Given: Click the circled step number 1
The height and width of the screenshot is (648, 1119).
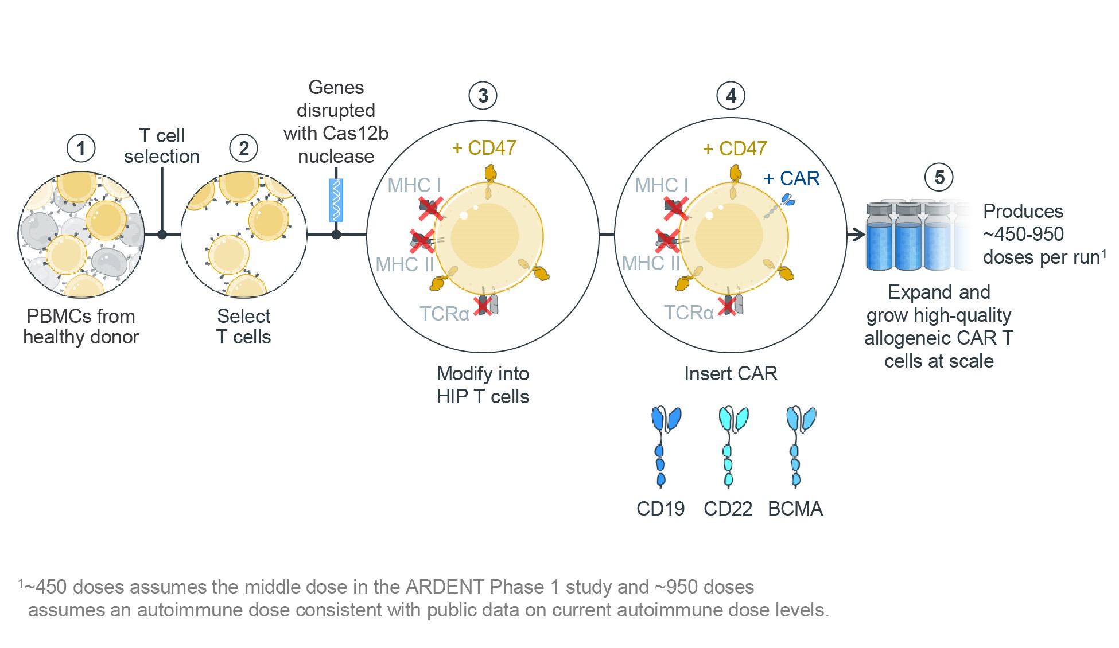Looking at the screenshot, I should tap(81, 149).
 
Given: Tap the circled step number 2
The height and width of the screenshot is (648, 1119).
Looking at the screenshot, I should tap(244, 149).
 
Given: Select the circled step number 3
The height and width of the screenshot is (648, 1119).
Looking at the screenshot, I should tap(483, 96).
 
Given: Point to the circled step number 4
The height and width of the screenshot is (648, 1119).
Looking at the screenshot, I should tap(731, 96).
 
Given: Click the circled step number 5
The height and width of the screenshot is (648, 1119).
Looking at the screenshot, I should tap(939, 177).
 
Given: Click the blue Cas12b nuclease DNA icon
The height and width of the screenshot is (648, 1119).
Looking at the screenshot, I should tap(336, 200).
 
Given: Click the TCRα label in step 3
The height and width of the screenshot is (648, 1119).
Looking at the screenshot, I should tap(444, 314).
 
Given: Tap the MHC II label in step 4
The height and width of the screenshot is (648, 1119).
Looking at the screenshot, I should tap(651, 264).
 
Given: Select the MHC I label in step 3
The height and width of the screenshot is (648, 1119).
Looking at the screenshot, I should tap(414, 185).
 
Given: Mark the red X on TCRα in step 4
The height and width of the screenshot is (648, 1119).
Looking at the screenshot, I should tap(728, 306).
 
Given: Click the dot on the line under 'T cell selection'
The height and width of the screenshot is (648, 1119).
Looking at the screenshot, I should tap(162, 234).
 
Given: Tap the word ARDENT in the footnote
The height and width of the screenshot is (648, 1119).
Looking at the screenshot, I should tap(444, 587).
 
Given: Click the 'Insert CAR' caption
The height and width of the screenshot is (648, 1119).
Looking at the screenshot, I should tap(731, 373).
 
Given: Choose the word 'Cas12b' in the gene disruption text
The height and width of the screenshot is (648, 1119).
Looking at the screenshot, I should tap(356, 133).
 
